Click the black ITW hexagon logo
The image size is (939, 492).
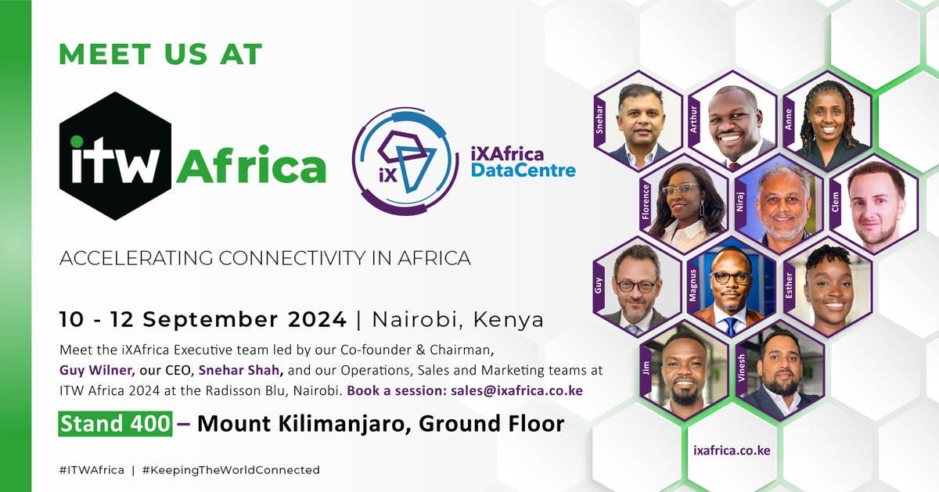tap(115, 156)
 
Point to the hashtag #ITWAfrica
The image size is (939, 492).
tap(92, 470)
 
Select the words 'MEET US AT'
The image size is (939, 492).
tap(160, 54)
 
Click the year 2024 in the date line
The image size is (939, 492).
tap(317, 319)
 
